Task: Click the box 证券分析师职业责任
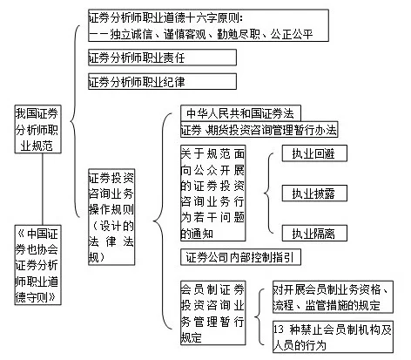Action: (x=162, y=58)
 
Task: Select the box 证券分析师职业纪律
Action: (x=162, y=81)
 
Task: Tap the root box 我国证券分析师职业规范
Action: (x=37, y=129)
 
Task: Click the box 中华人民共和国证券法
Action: (x=240, y=113)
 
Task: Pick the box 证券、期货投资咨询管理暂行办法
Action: (x=259, y=129)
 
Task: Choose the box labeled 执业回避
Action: (x=314, y=153)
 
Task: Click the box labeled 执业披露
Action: (x=314, y=193)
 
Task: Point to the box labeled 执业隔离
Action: (x=314, y=233)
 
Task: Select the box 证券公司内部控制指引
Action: (x=240, y=257)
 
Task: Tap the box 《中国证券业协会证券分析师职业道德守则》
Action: (x=37, y=265)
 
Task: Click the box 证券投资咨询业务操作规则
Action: (x=111, y=217)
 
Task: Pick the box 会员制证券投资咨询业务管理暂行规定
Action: (x=212, y=313)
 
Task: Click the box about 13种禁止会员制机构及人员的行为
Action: (x=333, y=336)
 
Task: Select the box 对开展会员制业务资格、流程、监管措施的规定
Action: (x=333, y=296)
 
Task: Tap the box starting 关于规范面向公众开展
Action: (x=212, y=193)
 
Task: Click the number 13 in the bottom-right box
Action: (x=279, y=329)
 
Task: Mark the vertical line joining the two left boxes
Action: (x=43, y=189)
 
